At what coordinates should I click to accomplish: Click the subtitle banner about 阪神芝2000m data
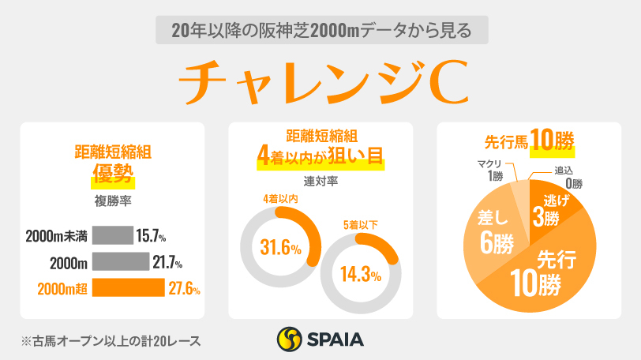pyautogui.click(x=319, y=31)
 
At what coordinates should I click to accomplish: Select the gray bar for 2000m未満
pyautogui.click(x=112, y=235)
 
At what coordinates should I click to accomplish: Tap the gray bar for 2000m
pyautogui.click(x=120, y=261)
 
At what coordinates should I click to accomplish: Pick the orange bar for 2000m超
pyautogui.click(x=128, y=288)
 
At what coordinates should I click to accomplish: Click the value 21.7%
pyautogui.click(x=168, y=261)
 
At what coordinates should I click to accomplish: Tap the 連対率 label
pyautogui.click(x=320, y=181)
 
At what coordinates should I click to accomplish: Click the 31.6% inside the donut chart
pyautogui.click(x=280, y=249)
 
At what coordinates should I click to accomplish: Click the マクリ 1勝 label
pyautogui.click(x=493, y=168)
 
